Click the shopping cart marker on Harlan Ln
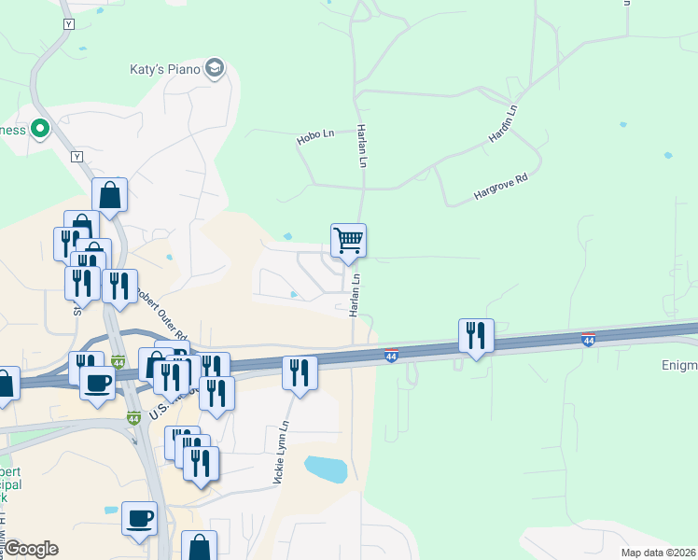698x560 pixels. (x=348, y=242)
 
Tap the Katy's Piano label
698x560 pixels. (x=165, y=69)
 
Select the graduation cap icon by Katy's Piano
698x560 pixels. (x=216, y=68)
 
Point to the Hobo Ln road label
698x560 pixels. (x=315, y=136)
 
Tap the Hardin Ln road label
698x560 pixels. (x=501, y=124)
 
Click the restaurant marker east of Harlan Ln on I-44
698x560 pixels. (x=476, y=336)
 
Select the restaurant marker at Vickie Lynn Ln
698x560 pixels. (x=300, y=373)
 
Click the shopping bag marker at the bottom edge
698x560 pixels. (x=199, y=546)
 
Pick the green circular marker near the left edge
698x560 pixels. (x=40, y=129)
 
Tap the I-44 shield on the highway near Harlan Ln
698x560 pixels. (x=392, y=355)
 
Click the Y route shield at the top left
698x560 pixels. (x=67, y=23)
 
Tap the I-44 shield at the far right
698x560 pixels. (x=588, y=338)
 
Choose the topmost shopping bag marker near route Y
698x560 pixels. (x=109, y=195)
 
